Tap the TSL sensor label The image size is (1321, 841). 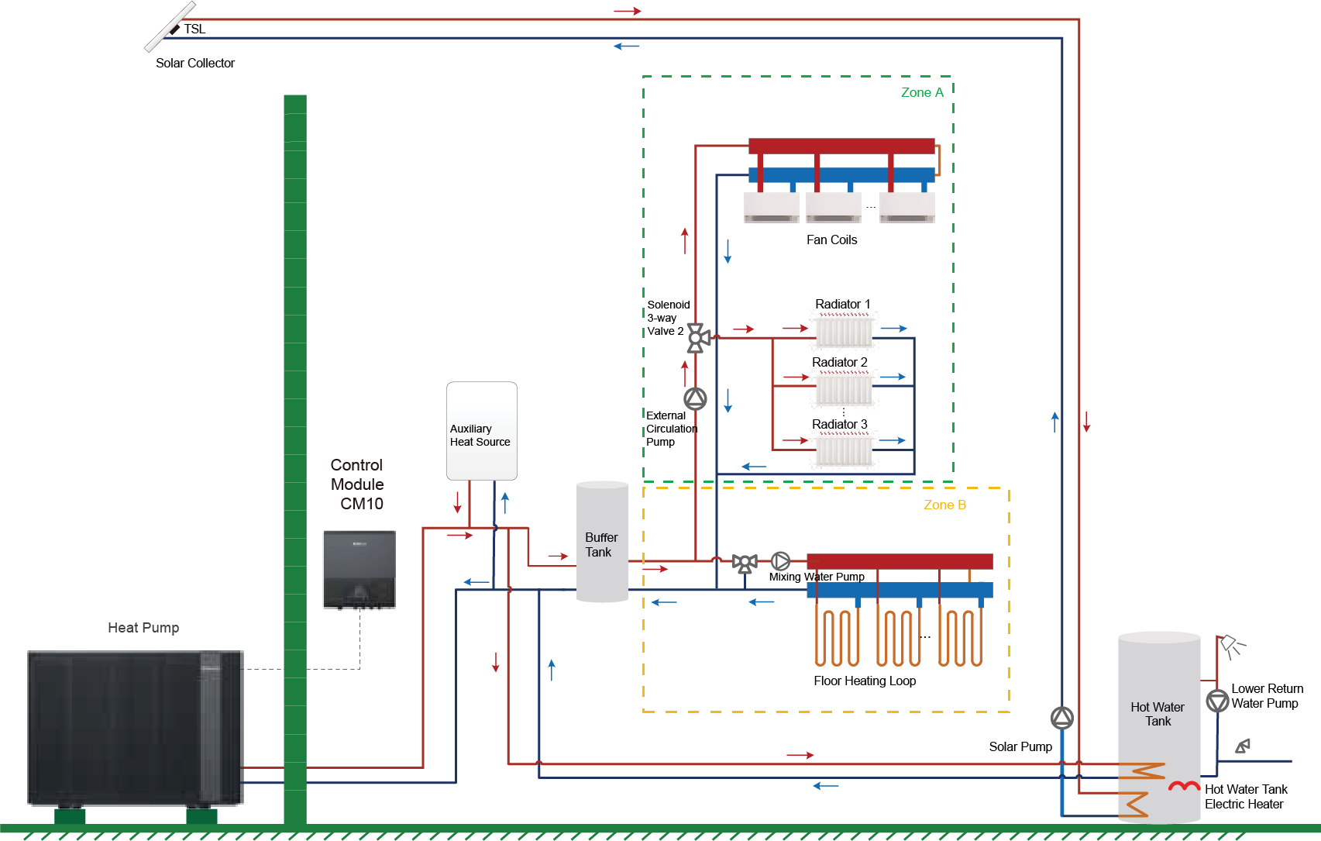pos(194,29)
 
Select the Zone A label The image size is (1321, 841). pos(922,92)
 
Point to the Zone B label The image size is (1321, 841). pos(944,505)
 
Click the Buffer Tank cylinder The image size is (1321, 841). pos(602,543)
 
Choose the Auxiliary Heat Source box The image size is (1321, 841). pos(481,431)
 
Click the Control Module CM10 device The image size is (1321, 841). pos(359,570)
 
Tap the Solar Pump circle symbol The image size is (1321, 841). pos(1061,718)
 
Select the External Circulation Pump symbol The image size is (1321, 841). pos(695,398)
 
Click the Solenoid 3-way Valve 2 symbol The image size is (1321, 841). pos(697,338)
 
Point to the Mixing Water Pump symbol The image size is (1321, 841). pos(780,560)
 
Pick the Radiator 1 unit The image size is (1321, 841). pos(844,331)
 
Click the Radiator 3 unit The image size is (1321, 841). pos(844,450)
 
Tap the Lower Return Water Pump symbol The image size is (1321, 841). pos(1217,701)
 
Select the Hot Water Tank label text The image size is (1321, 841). pos(1158,714)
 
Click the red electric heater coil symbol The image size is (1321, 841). pos(1184,787)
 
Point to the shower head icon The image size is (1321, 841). pos(1230,646)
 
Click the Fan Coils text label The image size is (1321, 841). pos(831,240)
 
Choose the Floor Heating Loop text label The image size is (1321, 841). pos(864,681)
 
